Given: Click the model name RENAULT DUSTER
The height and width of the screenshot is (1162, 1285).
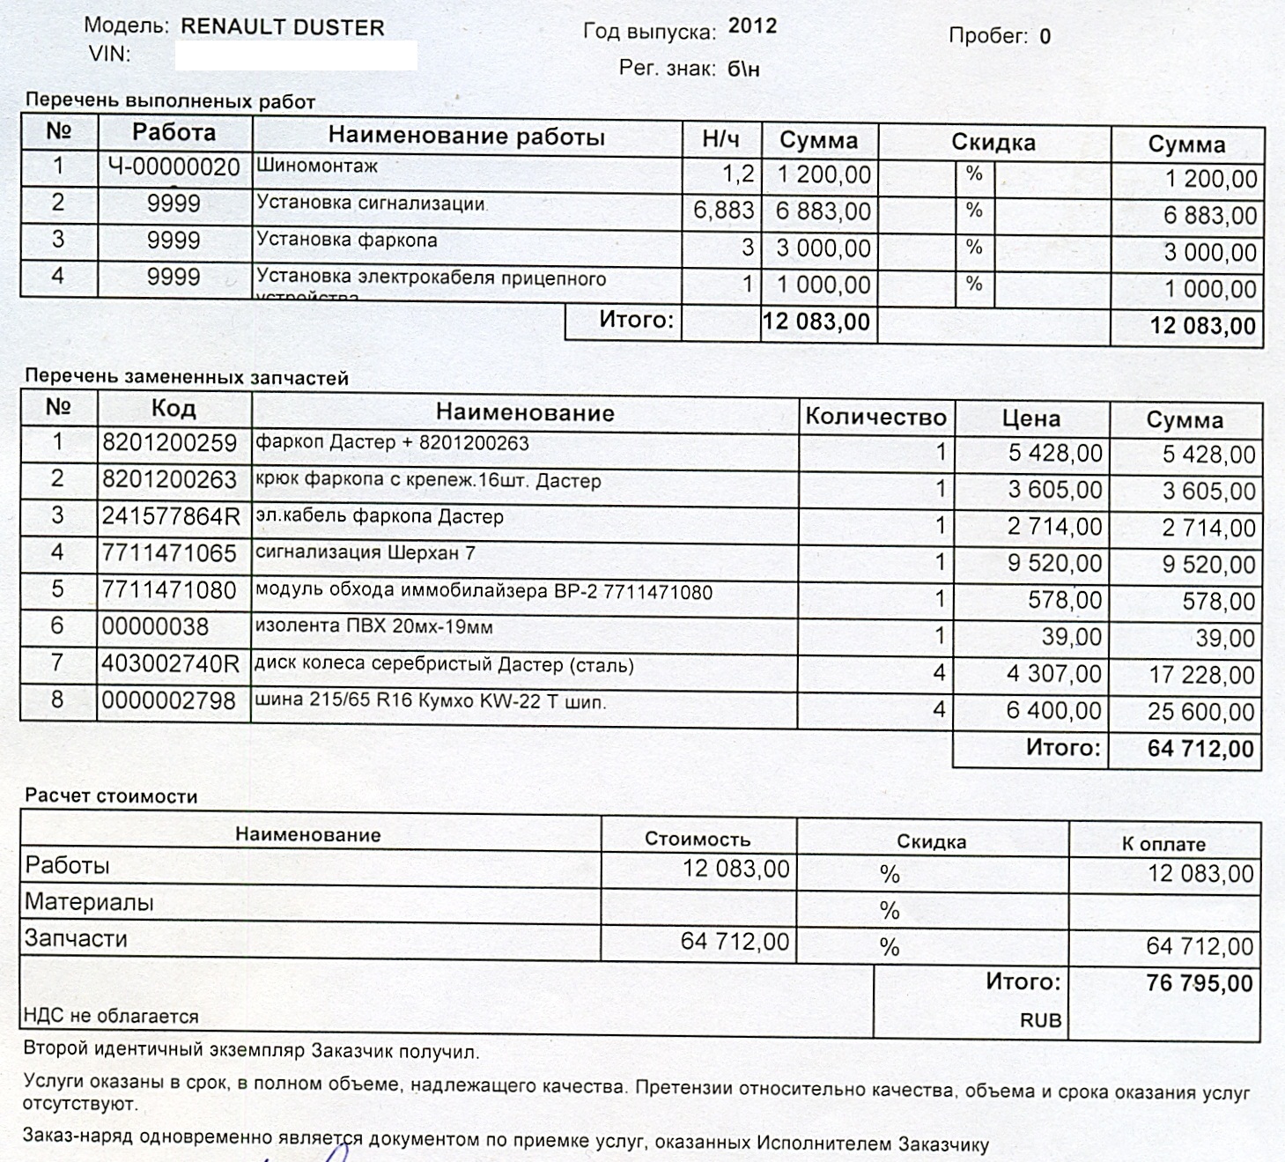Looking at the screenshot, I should click(x=282, y=27).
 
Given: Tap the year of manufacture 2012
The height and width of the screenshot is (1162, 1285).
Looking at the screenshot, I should click(x=752, y=26).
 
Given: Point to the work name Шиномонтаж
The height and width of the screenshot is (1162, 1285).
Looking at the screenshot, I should click(x=316, y=165).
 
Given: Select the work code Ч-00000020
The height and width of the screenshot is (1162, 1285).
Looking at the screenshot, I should click(x=174, y=167).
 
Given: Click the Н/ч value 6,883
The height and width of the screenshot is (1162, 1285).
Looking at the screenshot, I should click(x=723, y=211).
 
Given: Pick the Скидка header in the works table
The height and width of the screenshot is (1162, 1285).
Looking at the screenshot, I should click(x=993, y=143).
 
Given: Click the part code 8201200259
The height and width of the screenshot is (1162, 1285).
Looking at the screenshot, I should click(x=169, y=442).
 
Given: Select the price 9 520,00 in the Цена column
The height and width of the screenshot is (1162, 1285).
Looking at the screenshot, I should click(x=1054, y=563).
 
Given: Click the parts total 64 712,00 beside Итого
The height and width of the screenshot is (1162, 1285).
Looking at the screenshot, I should click(x=1200, y=749).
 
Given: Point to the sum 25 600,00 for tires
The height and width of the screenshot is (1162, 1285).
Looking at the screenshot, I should click(x=1200, y=711).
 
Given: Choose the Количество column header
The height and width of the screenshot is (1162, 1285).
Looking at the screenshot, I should click(x=875, y=417).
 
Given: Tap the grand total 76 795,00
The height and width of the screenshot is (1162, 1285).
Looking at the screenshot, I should click(x=1199, y=983).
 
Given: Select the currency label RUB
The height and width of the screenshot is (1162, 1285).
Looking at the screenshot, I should click(x=1040, y=1021).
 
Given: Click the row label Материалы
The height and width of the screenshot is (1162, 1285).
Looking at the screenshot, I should click(x=89, y=902).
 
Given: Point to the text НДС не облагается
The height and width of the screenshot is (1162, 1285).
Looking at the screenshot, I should click(x=111, y=1017).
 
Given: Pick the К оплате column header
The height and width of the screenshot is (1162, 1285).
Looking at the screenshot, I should click(x=1163, y=844).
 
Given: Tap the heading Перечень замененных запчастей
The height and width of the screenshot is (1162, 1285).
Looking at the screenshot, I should click(x=187, y=378).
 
